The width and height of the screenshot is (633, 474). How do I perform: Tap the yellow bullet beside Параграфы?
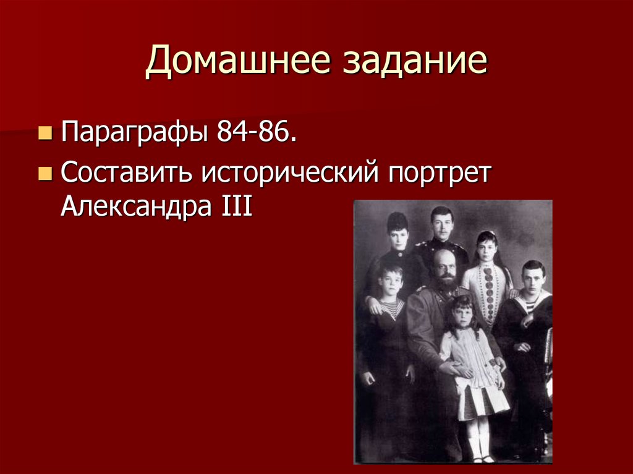tap(45, 132)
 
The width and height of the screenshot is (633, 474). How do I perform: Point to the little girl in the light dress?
tap(471, 358)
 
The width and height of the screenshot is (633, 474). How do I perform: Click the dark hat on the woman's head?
tap(397, 221)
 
